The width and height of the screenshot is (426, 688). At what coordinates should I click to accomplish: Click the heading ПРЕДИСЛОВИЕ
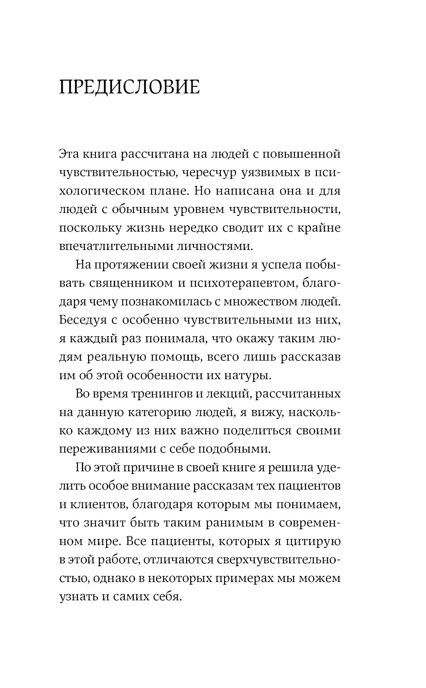tap(129, 87)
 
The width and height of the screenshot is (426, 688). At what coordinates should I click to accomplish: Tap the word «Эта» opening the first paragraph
tap(69, 154)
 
